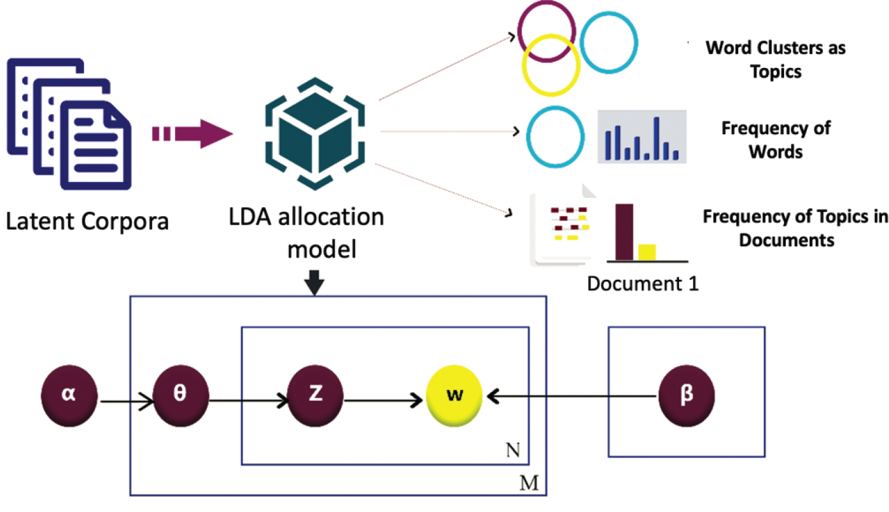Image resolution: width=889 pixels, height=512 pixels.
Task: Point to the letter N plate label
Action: click(x=514, y=450)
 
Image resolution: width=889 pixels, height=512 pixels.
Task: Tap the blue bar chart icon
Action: click(x=641, y=136)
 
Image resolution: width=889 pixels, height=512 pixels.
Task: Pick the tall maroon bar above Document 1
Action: click(x=624, y=232)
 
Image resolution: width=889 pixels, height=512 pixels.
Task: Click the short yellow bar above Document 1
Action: click(x=647, y=252)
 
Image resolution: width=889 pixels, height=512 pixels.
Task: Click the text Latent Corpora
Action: click(x=87, y=222)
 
